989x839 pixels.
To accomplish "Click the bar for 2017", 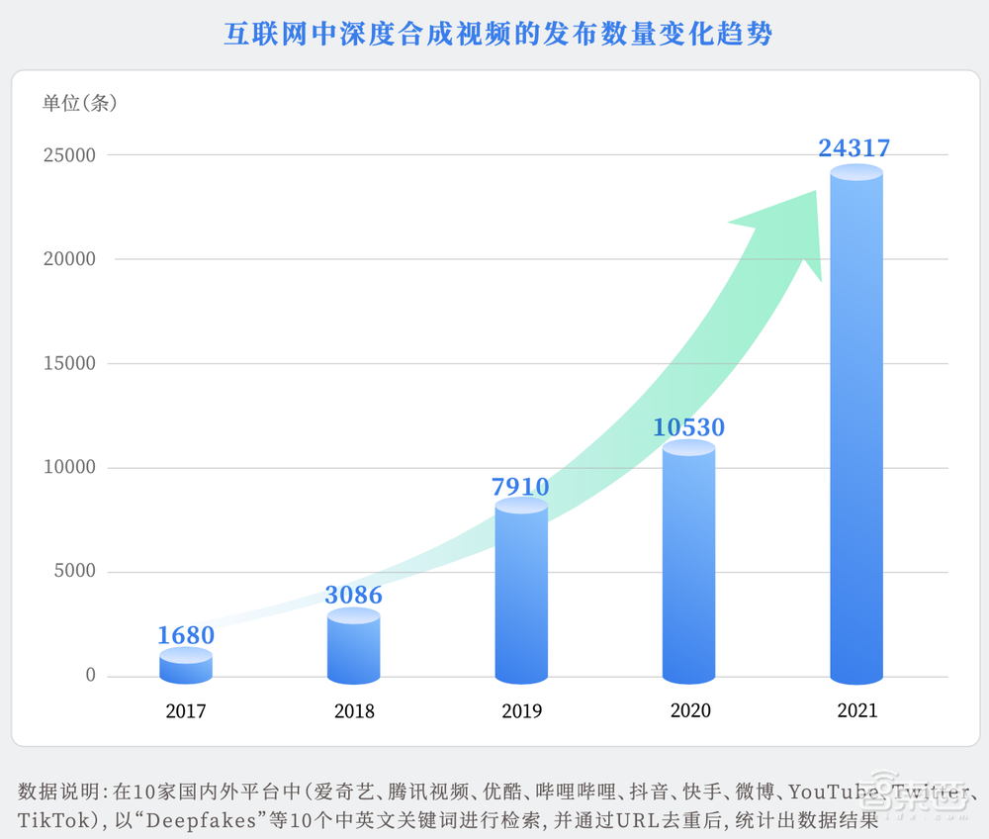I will coord(186,667).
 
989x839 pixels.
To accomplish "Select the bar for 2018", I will coord(353,648).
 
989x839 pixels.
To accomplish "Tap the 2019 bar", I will coord(521,594).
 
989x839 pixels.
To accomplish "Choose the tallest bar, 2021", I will coord(855,425).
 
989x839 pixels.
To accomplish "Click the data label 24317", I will coord(854,148).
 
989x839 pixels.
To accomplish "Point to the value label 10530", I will coord(688,427).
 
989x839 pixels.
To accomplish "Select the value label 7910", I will coord(520,486).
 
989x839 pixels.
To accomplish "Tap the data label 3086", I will coord(353,595).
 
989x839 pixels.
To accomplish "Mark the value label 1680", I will coord(186,635).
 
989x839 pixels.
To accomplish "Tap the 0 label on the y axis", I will coord(90,676).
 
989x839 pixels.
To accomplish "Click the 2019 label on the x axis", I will coord(521,710).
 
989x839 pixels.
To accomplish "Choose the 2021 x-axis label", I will coord(855,710).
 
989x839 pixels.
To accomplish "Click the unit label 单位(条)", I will coord(80,102).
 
